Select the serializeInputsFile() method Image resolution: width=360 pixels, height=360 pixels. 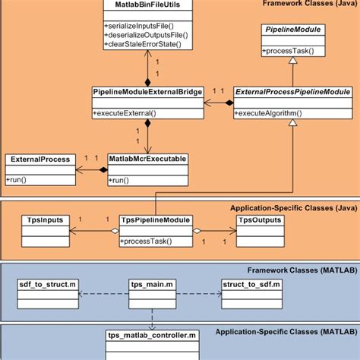coord(136,27)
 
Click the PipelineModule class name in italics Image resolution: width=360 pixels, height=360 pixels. coord(292,30)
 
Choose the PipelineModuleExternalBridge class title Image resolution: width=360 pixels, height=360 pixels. coord(147,92)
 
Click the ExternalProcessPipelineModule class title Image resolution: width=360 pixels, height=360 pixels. coord(292,92)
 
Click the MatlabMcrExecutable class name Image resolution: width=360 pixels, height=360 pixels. coord(147,159)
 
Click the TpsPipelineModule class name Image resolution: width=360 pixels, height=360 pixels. coord(156,220)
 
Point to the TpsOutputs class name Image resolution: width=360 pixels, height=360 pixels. coord(260,220)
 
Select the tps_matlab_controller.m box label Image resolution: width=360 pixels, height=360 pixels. coord(153,334)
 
